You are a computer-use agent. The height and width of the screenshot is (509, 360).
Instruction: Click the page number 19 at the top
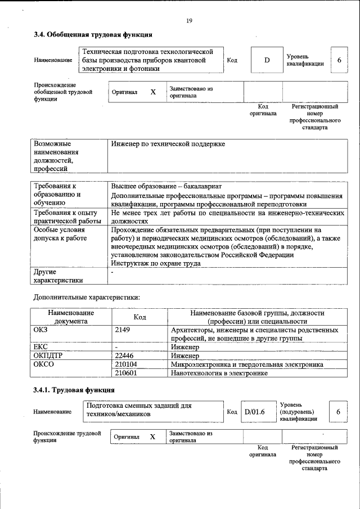coord(189,21)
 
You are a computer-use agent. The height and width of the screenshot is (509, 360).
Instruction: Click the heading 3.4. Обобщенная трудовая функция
coord(93,35)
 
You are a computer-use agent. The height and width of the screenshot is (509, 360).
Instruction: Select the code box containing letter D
coord(267,60)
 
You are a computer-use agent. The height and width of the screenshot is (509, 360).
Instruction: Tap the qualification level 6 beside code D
coord(339,60)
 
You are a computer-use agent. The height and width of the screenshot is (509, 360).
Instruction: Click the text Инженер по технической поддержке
coord(168,144)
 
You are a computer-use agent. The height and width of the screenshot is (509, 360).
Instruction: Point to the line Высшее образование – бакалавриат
coord(167,186)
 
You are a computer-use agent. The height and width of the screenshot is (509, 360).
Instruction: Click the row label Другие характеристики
coord(58,276)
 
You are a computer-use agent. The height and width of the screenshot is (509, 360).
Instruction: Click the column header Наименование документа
coord(71,317)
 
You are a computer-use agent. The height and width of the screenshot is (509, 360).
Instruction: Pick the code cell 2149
coord(122,330)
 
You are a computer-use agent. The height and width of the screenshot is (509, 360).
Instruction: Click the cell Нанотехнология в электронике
coord(219,373)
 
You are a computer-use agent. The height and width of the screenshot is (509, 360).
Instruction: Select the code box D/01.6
coord(254,412)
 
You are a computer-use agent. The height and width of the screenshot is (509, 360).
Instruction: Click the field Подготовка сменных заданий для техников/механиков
coord(152,410)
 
